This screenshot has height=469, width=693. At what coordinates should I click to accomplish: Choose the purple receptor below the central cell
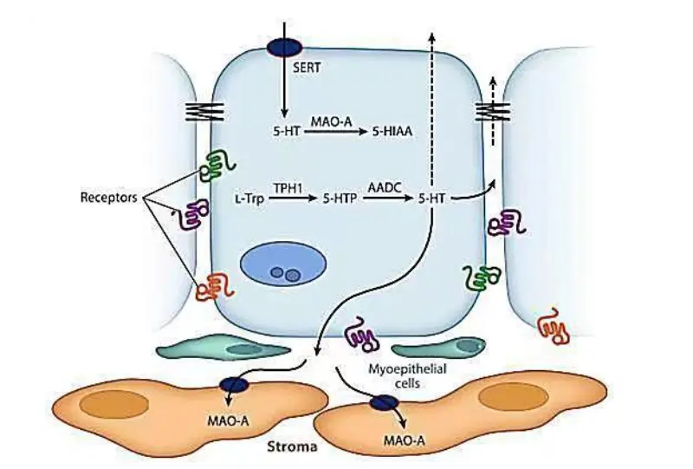(360, 331)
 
